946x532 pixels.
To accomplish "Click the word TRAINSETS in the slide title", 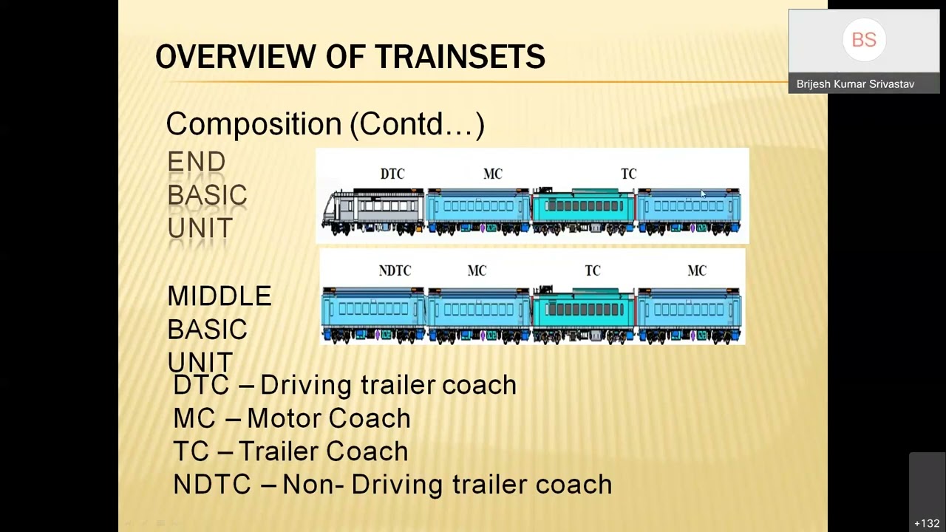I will tap(459, 57).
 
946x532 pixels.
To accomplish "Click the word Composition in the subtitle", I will tap(253, 123).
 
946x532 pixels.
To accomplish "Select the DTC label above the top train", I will tap(392, 174).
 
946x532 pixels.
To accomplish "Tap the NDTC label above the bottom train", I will tap(395, 271).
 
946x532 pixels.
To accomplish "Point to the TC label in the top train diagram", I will tap(628, 174).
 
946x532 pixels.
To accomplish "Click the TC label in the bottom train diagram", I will tap(593, 271).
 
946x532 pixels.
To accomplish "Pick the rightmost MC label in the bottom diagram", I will tap(697, 271).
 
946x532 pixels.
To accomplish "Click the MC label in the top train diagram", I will tap(493, 174).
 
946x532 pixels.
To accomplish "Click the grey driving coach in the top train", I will tap(373, 211).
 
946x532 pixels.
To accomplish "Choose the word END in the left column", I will tap(197, 162).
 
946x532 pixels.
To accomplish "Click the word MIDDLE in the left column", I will tap(220, 296).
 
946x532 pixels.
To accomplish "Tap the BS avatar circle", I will tap(863, 40).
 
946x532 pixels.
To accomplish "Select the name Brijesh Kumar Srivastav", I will tap(855, 84).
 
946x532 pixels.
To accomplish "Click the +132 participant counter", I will tap(927, 523).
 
